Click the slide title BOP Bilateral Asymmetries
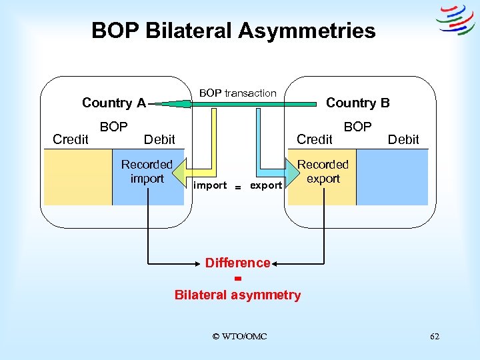point(233,31)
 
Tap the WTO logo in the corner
point(455,20)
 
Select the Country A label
point(113,103)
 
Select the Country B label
point(357,103)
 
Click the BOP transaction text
point(237,93)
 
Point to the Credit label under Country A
point(70,139)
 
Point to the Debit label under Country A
point(159,139)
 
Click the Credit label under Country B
point(314,139)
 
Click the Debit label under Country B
point(403,139)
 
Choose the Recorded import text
point(147,171)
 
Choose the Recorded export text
point(323,171)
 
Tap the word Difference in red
point(237,263)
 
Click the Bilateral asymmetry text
point(237,295)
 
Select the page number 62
point(434,337)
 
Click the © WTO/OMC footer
point(239,337)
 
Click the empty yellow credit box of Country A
point(77,177)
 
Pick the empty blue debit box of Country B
point(392,177)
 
